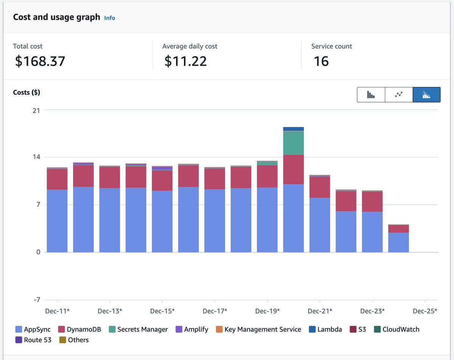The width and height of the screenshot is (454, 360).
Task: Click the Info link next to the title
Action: point(109,18)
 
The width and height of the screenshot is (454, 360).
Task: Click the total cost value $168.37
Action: point(40,61)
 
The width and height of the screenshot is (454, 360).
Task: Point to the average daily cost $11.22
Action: point(186,61)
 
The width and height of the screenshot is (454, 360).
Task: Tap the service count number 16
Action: point(321,61)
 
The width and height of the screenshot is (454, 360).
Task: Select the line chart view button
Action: point(399,95)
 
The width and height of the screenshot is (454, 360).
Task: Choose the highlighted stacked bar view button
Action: point(426,95)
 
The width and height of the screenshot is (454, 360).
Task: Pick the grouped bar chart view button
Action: point(371,95)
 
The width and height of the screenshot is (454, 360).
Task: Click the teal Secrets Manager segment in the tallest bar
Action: point(293,143)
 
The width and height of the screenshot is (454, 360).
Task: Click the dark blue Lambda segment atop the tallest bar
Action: point(293,129)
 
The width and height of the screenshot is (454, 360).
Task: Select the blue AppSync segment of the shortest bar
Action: point(398,242)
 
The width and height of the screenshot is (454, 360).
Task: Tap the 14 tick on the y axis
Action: point(36,157)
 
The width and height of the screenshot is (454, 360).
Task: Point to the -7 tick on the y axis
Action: point(36,300)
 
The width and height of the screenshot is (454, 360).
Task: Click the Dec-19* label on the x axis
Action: point(267,311)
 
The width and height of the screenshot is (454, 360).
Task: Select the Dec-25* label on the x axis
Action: point(425,311)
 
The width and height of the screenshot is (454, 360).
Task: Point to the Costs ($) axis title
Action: point(26,92)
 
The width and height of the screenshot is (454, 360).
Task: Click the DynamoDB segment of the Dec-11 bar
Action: point(57,179)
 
